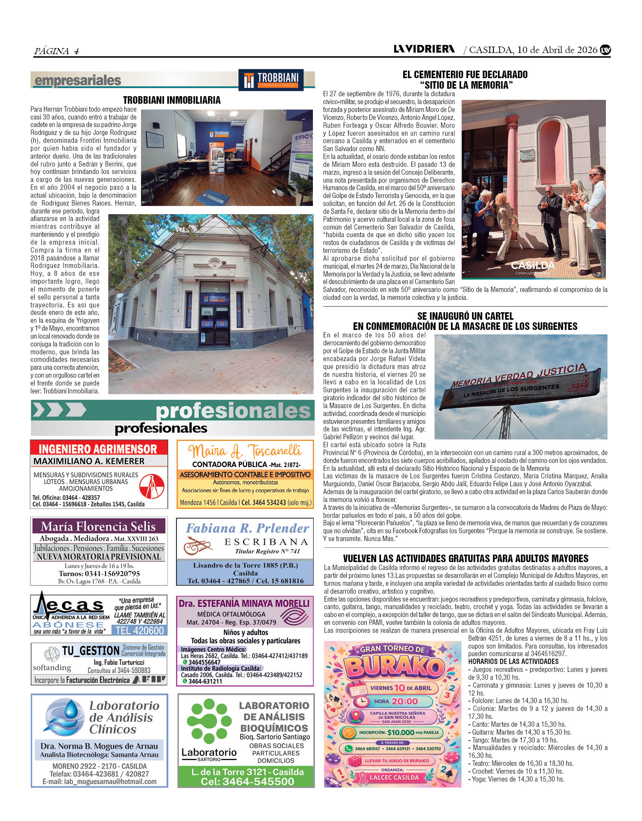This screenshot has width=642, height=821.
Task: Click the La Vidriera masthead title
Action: point(424,49)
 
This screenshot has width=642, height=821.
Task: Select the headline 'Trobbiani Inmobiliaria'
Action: point(172,100)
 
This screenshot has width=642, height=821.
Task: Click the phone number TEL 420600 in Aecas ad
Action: point(140,630)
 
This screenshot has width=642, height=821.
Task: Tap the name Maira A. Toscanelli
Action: point(245,451)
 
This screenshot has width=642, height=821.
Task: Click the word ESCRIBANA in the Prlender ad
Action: point(266,542)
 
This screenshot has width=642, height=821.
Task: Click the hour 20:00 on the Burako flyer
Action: point(404,701)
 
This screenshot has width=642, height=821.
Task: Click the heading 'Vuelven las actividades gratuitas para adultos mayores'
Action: point(466,558)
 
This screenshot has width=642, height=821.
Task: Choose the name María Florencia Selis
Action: point(98,526)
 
